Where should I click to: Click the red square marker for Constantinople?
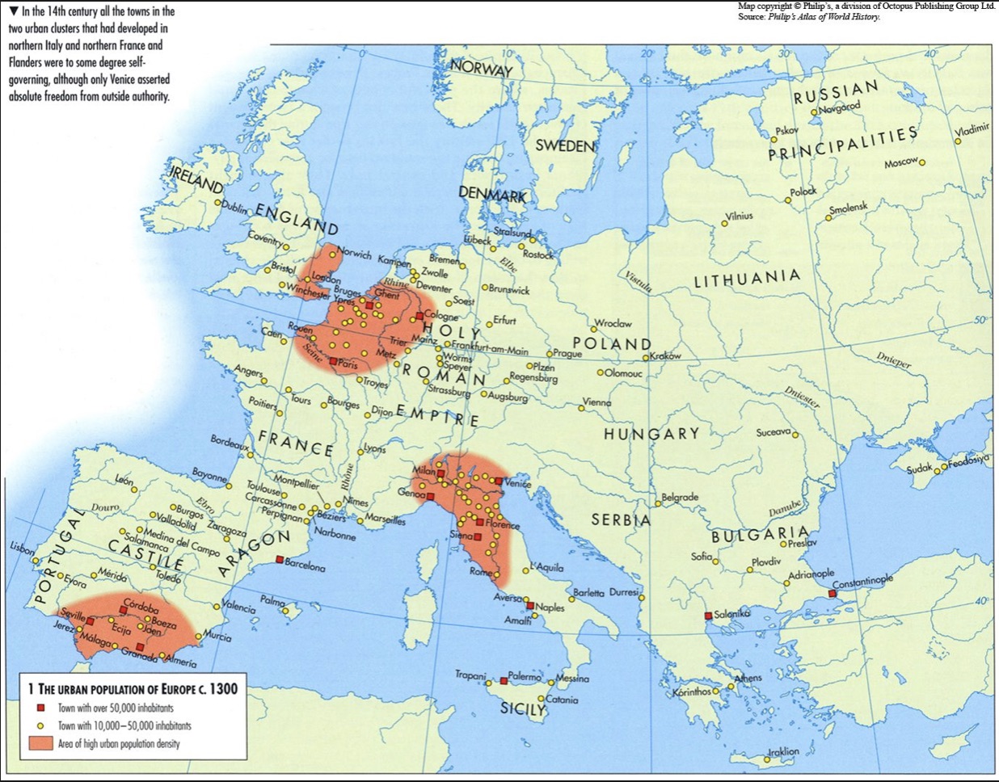832,593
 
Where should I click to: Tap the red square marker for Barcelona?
279,560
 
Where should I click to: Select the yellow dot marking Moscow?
921,162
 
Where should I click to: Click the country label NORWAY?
482,69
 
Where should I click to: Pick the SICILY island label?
522,709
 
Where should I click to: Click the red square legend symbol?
40,708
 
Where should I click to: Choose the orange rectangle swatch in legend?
40,743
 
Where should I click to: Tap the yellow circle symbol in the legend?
40,725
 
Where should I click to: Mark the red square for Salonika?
708,616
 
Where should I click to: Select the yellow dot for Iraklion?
767,759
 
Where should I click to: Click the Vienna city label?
597,402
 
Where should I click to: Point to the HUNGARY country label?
651,434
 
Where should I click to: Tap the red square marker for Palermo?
504,681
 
